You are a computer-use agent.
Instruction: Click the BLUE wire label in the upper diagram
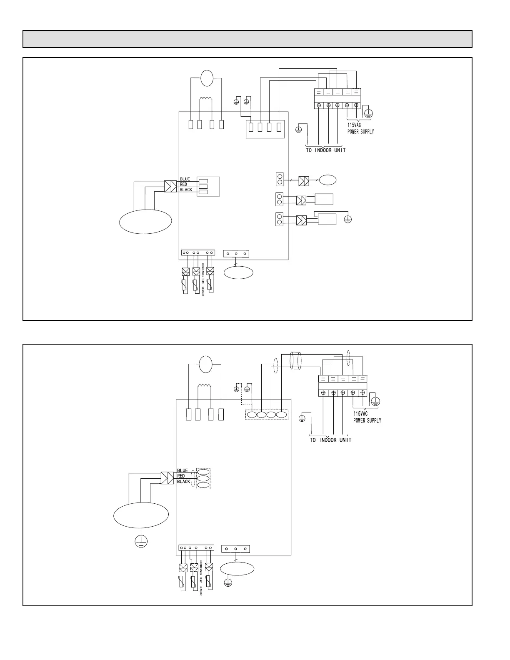pyautogui.click(x=185, y=179)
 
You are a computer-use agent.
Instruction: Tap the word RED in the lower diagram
pyautogui.click(x=181, y=476)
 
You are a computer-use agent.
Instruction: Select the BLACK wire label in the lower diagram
pyautogui.click(x=184, y=482)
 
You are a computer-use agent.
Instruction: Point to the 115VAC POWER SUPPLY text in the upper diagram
pyautogui.click(x=360, y=128)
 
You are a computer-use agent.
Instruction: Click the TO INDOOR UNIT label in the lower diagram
pyautogui.click(x=330, y=440)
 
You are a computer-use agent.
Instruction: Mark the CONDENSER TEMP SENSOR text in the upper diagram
pyautogui.click(x=203, y=280)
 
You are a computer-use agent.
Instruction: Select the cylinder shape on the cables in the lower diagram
pyautogui.click(x=295, y=361)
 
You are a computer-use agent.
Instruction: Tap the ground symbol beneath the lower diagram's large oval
pyautogui.click(x=141, y=541)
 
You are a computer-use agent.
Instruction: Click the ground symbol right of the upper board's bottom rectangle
pyautogui.click(x=347, y=219)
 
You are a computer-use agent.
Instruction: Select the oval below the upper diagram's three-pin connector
pyautogui.click(x=238, y=273)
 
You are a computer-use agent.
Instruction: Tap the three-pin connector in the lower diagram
pyautogui.click(x=236, y=549)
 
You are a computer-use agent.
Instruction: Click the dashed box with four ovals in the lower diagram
pyautogui.click(x=267, y=415)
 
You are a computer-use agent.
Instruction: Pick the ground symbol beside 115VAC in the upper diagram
pyautogui.click(x=367, y=112)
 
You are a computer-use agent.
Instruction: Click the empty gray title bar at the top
pyautogui.click(x=247, y=39)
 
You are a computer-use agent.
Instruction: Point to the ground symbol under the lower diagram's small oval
pyautogui.click(x=228, y=583)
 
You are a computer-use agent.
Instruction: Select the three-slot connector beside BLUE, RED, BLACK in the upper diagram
pyautogui.click(x=208, y=186)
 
